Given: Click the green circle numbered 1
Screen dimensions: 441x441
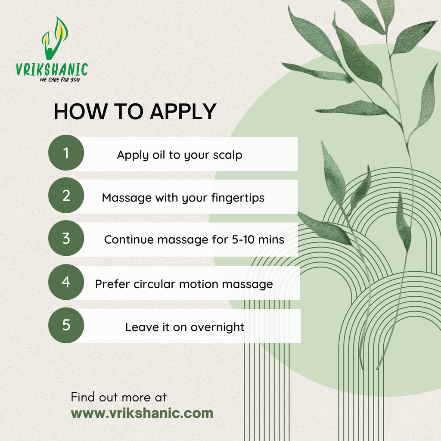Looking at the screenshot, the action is [x=66, y=153].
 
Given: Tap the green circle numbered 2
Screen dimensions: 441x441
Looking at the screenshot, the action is [x=66, y=195].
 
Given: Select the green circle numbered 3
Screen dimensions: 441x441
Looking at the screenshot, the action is [x=66, y=238].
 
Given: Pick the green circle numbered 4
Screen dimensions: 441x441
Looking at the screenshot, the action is [x=66, y=282].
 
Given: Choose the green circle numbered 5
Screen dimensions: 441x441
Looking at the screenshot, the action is [x=66, y=325].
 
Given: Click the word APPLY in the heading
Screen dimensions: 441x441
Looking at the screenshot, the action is [x=183, y=112].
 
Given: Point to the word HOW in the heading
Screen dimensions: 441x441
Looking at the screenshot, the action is [x=81, y=112].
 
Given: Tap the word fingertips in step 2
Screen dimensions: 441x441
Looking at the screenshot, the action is [x=238, y=198].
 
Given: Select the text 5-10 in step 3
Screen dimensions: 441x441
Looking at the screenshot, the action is [x=243, y=239].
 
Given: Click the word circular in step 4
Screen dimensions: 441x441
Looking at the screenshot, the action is [x=155, y=284].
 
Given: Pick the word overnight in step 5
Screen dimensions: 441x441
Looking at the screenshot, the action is [x=217, y=327].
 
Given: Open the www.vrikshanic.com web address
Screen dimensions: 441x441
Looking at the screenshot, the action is [x=142, y=413].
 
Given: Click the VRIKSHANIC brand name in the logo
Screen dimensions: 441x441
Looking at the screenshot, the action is [x=52, y=69].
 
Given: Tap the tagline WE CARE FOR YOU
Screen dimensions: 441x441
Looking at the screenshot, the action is [x=59, y=80].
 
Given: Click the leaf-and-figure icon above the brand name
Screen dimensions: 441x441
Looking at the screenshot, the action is [x=55, y=38].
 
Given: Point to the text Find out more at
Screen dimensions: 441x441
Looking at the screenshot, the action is [x=119, y=397].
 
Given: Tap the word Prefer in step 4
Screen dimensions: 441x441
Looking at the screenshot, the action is [x=112, y=284].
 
